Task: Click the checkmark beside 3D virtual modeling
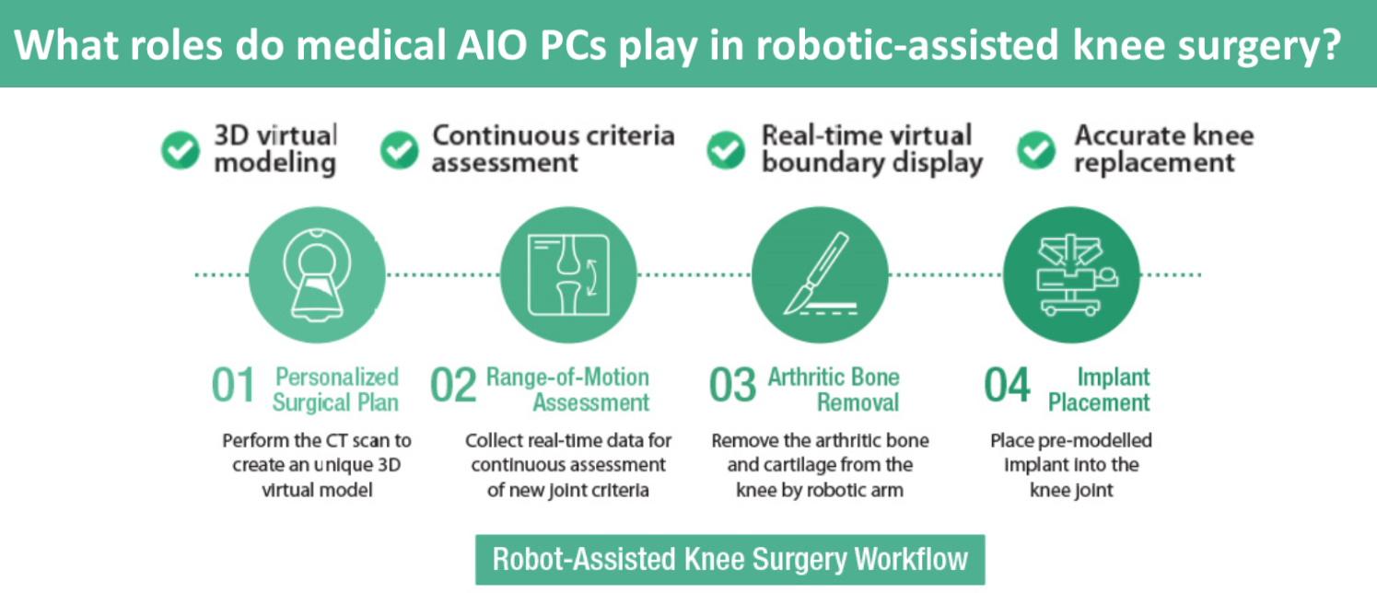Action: coord(181,149)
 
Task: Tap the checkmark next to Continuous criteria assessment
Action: coord(399,149)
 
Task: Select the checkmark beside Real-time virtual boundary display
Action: coord(726,149)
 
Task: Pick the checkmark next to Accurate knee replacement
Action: coord(1036,149)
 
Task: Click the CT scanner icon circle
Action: coord(317,274)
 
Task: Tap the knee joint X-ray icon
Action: coord(568,274)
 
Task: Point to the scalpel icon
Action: coord(820,274)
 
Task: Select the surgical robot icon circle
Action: coord(1071,274)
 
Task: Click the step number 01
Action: coord(233,385)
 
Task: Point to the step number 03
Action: coord(732,385)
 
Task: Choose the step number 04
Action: coord(1007,385)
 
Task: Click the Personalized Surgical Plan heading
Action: coord(335,390)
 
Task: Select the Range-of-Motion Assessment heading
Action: coord(567,390)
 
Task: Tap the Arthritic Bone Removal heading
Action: coord(834,390)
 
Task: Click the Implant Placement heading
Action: coord(1099,390)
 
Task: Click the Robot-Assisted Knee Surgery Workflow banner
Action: coord(729,559)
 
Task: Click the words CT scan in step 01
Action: coord(357,440)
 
